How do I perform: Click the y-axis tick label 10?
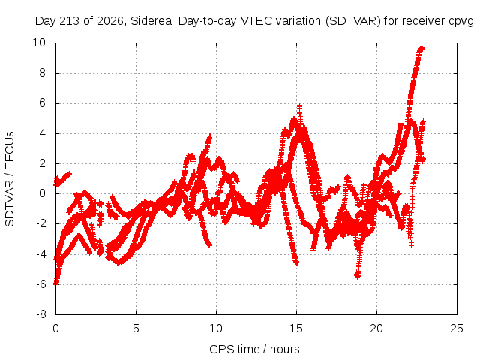pos(39,43)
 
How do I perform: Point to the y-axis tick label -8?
pos(41,314)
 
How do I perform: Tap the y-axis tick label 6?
pos(42,103)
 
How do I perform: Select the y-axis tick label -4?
pos(41,253)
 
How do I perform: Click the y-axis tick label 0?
pos(42,193)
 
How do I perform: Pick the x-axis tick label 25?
pos(457,328)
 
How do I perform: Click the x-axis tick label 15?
pos(296,328)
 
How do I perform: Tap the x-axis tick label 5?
pos(136,328)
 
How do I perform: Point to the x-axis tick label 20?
pos(376,328)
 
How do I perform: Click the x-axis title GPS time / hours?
pos(254,349)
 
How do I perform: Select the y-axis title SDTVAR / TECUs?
pos(10,179)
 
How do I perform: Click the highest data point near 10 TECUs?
pos(421,48)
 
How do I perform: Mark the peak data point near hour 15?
pos(299,106)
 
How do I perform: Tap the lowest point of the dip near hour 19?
pos(357,277)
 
